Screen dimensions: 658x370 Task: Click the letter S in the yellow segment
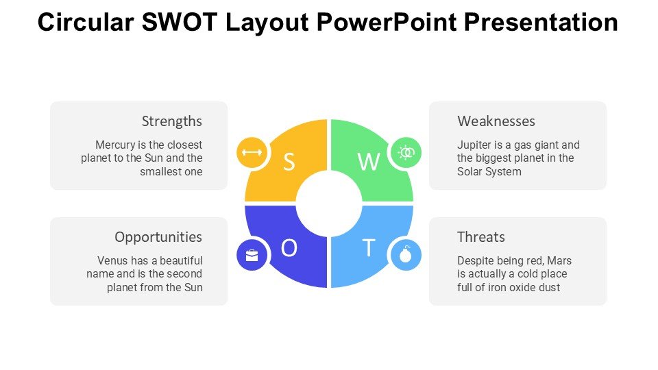[289, 162]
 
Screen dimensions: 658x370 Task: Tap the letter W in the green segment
[369, 162]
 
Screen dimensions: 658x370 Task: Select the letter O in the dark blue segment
[289, 248]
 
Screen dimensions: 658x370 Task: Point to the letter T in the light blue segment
[369, 248]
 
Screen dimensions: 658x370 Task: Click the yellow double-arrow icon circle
[252, 152]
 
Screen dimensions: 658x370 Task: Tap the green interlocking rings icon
[406, 152]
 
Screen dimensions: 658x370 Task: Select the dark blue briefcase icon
[252, 255]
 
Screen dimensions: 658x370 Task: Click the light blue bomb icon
[406, 255]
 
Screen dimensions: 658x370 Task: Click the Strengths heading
[171, 121]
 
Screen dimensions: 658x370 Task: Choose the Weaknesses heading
[496, 121]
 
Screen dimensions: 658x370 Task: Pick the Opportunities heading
[158, 237]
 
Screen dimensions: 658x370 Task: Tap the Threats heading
[481, 237]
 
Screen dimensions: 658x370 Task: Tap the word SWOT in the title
[180, 22]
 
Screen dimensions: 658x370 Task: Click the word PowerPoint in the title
[386, 22]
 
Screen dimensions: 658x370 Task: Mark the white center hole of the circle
[329, 203]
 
